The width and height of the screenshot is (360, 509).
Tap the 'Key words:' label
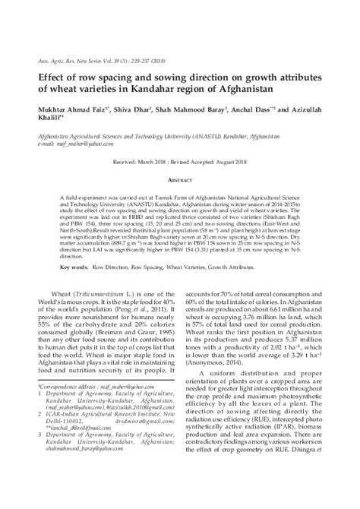[x=74, y=268]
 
